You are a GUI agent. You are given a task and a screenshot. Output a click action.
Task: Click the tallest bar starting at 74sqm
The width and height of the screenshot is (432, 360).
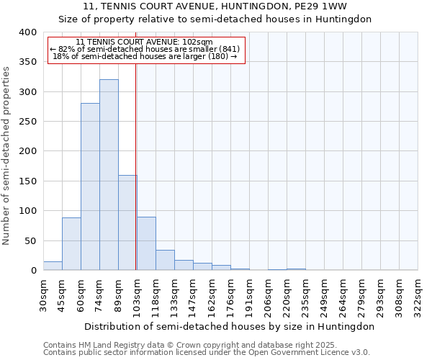(x=109, y=175)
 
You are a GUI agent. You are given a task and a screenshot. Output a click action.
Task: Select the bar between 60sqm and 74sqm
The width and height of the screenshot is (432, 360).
(x=90, y=186)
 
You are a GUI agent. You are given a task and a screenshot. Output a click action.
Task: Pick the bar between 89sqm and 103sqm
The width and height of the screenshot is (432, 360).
(x=127, y=222)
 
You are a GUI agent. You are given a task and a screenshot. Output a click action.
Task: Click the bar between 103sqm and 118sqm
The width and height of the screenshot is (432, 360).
(x=146, y=243)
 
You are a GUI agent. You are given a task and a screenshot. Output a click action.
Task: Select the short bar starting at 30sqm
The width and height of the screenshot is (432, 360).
(x=53, y=266)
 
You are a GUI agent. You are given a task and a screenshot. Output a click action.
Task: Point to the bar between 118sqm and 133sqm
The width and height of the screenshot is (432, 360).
(x=165, y=260)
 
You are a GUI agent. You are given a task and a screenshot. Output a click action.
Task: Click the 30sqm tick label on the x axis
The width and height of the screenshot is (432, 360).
(x=44, y=294)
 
